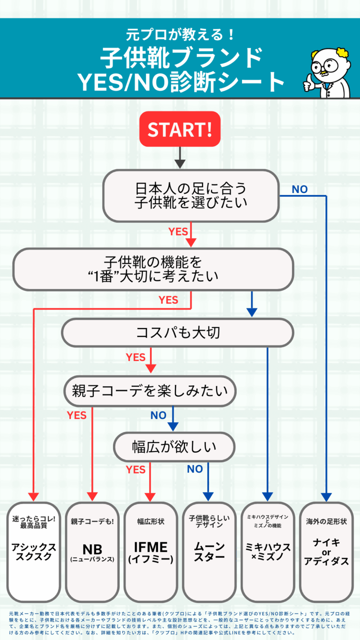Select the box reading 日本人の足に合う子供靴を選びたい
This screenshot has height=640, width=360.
pyautogui.click(x=191, y=195)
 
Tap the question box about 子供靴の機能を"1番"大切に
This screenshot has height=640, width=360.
pyautogui.click(x=153, y=269)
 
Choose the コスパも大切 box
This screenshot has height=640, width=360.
pyautogui.click(x=178, y=333)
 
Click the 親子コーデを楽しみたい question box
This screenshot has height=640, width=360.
pyautogui.click(x=150, y=390)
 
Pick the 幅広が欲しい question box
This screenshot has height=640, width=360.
pyautogui.click(x=174, y=447)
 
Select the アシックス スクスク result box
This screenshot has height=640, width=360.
pyautogui.click(x=34, y=551)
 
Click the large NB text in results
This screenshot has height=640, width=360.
pyautogui.click(x=92, y=549)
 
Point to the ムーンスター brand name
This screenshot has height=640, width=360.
pyautogui.click(x=209, y=552)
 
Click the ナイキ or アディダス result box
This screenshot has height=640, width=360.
pyautogui.click(x=326, y=551)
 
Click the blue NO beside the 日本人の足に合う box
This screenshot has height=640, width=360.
pyautogui.click(x=300, y=189)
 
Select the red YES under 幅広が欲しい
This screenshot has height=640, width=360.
pyautogui.click(x=135, y=470)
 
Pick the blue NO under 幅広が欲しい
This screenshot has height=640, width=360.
pyautogui.click(x=195, y=469)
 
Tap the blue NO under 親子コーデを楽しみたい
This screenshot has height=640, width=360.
pyautogui.click(x=158, y=415)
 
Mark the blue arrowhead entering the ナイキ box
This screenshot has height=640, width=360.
pyautogui.click(x=326, y=496)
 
